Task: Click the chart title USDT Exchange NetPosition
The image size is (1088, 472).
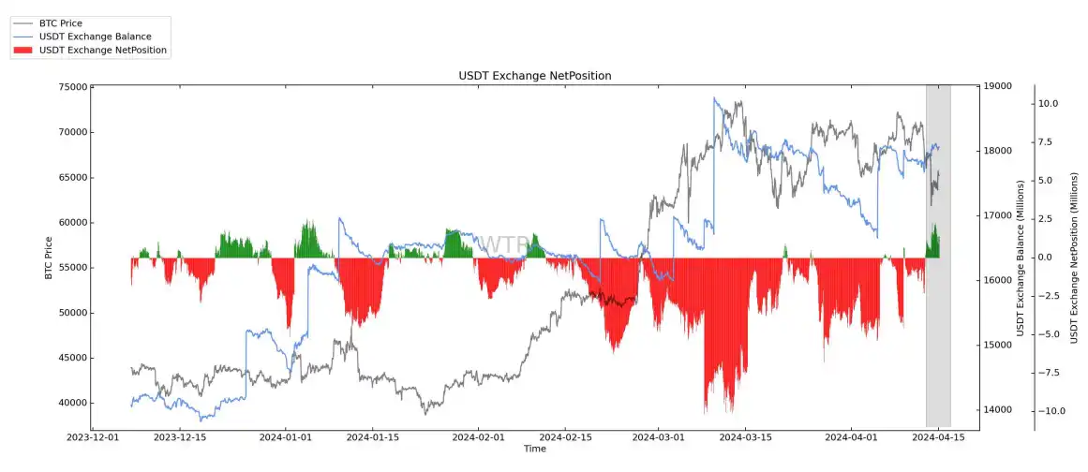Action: (534, 75)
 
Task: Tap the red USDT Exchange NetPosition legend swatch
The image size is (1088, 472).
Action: (23, 50)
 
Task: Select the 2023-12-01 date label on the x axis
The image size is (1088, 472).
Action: (91, 437)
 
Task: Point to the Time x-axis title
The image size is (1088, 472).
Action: (534, 450)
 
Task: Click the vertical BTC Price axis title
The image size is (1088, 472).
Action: (49, 258)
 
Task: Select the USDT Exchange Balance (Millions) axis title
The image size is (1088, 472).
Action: (1020, 258)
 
